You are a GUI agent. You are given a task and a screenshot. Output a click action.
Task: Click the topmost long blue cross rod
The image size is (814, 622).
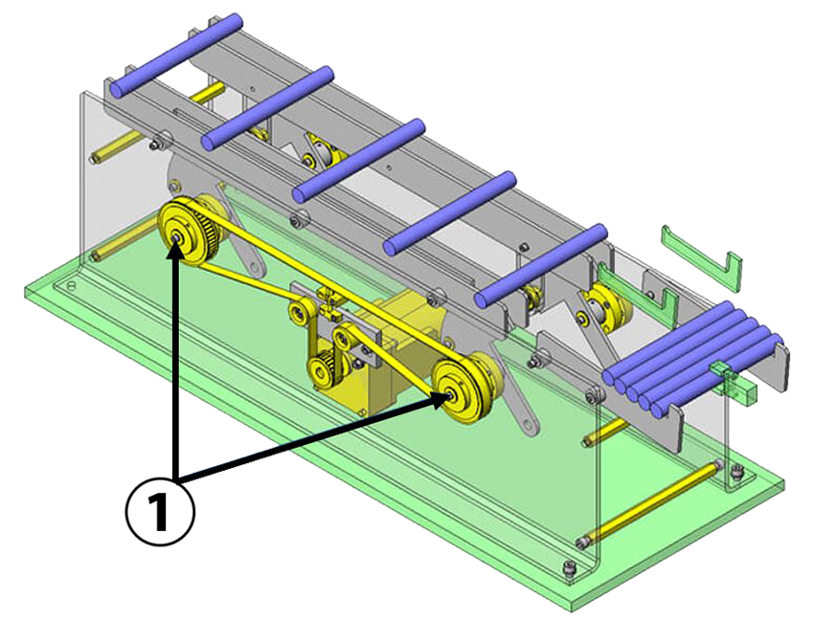point(176,56)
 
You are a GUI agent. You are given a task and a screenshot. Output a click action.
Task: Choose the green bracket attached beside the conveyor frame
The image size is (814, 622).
point(658,307)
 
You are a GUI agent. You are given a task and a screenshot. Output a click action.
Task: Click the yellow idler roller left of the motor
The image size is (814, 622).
point(298,311)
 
